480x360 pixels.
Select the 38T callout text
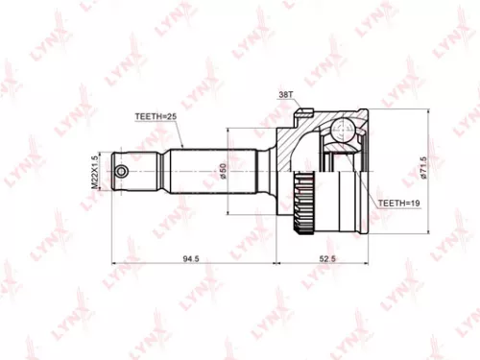[x=286, y=95]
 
